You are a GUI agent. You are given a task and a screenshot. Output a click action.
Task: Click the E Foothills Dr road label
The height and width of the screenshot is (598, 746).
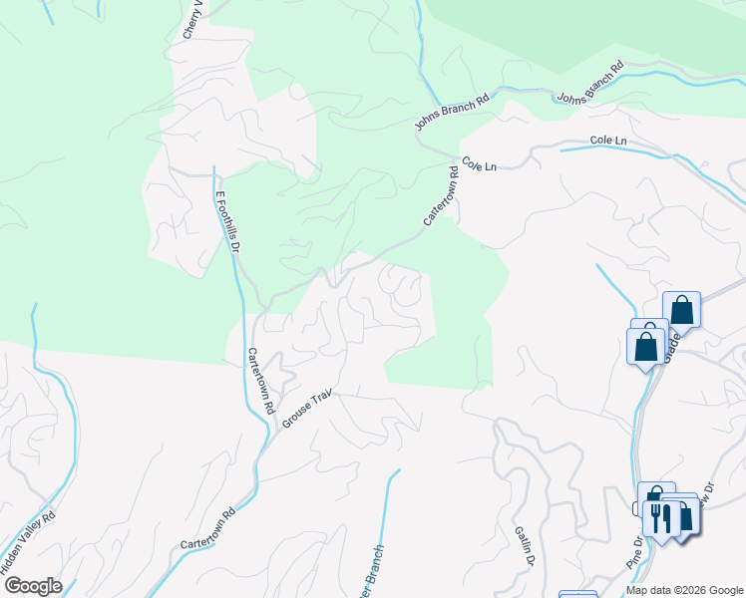coord(227,222)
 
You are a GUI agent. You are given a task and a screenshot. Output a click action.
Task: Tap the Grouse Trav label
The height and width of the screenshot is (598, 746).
coord(306,409)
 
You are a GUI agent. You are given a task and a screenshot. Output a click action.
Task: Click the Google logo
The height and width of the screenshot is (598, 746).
coord(33,586)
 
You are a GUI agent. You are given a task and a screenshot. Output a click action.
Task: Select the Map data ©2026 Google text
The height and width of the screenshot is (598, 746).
coord(684,590)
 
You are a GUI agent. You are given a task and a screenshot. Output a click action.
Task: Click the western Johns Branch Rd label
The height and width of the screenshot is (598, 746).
coord(454,111)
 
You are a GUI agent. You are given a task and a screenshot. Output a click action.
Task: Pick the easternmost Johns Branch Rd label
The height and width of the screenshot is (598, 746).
coord(589,84)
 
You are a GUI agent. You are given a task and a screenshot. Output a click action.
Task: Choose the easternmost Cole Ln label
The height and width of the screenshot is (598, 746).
coord(607,142)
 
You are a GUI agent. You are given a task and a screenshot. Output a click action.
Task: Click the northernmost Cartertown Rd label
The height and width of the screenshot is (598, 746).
coord(440,201)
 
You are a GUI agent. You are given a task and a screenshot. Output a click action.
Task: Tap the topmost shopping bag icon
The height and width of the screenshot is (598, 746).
coord(682,309)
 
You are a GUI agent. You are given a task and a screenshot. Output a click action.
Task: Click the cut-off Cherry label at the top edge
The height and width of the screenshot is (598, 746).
coord(192,20)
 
